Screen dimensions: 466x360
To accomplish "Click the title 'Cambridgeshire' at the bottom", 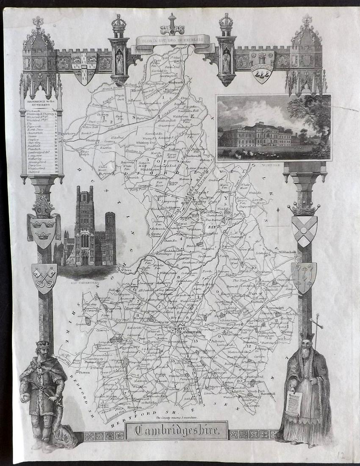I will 177,431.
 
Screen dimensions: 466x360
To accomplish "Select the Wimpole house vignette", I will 273,128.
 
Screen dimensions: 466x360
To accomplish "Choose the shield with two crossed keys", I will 44,277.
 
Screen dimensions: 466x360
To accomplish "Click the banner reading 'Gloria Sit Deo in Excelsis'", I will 173,41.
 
